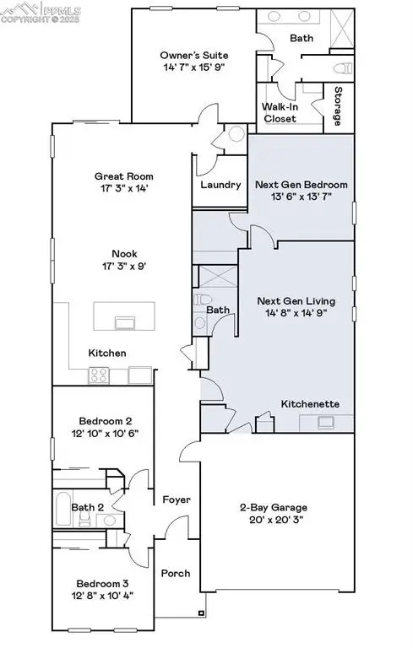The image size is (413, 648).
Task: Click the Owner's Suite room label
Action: (x=193, y=55)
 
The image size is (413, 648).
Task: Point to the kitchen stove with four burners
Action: (x=98, y=375)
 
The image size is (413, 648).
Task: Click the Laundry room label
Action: (x=219, y=185)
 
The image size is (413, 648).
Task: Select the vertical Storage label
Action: (x=338, y=106)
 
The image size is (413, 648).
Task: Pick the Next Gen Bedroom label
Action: (x=302, y=184)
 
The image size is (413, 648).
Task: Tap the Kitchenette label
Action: (x=310, y=404)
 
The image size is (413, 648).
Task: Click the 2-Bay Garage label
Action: (x=271, y=507)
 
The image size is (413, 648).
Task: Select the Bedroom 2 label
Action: (x=106, y=420)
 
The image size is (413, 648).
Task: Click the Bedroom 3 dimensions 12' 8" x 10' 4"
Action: (x=104, y=595)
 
